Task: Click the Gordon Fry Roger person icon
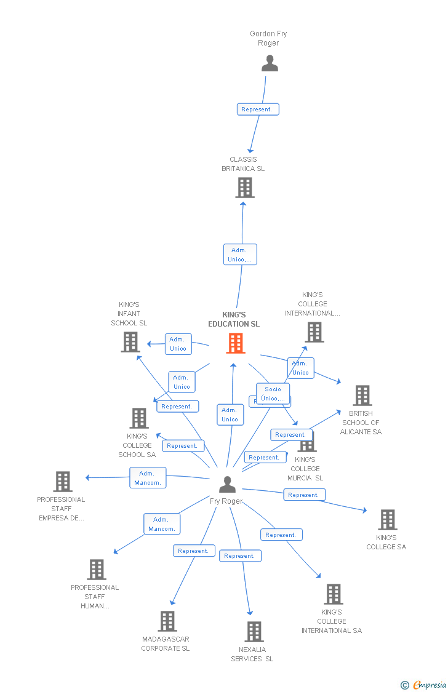270,63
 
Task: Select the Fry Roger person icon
227,485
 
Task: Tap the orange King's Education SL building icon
236,343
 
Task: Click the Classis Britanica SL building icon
245,188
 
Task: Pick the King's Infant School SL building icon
130,342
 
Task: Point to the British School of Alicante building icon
362,396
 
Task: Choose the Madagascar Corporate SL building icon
167,621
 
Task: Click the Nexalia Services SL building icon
254,632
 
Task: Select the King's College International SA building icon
333,594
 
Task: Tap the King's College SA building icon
387,520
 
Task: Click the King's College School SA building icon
139,418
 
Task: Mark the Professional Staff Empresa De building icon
63,482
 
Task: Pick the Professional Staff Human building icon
97,570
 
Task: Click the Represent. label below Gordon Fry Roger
258,109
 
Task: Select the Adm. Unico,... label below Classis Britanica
239,255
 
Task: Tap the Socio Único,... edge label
273,394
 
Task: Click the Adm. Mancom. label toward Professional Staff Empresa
148,478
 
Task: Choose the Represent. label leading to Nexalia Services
240,556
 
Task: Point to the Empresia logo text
429,685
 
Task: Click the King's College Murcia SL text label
305,469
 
